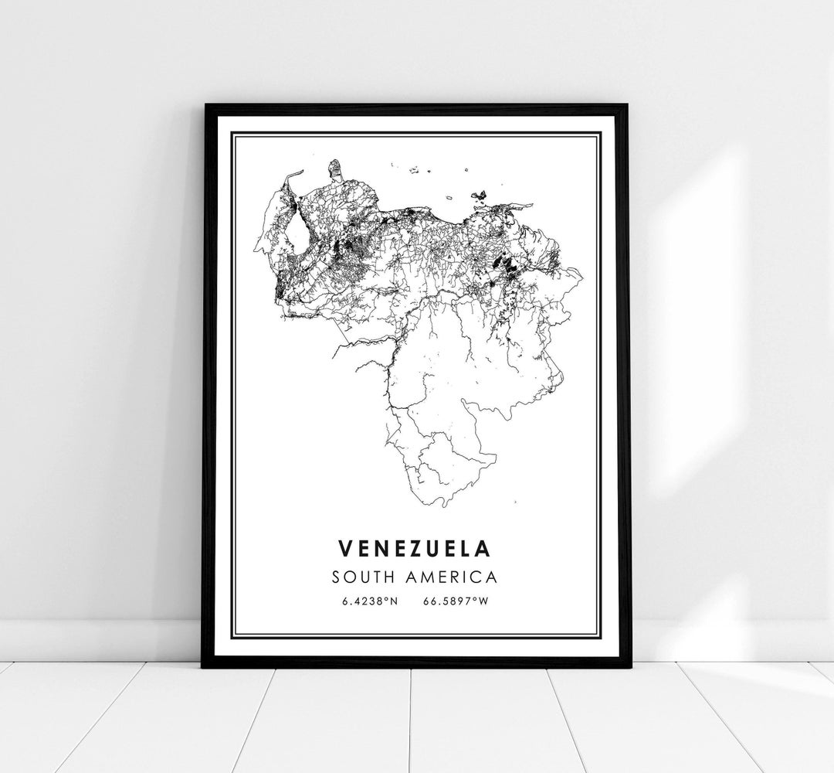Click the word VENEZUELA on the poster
click(415, 548)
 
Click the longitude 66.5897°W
click(456, 601)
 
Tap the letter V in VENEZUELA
click(344, 548)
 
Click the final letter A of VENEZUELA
click(483, 548)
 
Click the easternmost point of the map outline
click(581, 272)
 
